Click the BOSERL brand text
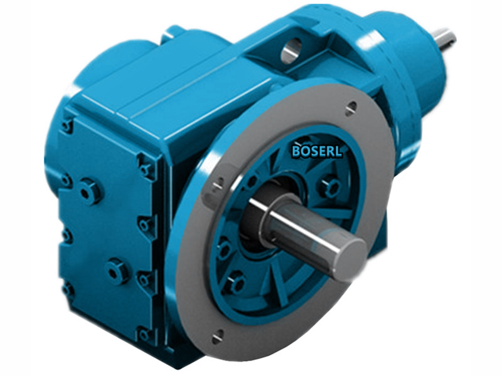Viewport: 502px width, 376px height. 317,150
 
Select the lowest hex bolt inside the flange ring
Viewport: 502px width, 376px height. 236,283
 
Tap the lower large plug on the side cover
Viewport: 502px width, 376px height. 117,271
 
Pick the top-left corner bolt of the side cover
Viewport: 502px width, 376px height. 67,125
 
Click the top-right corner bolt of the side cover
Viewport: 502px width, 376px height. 146,168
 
